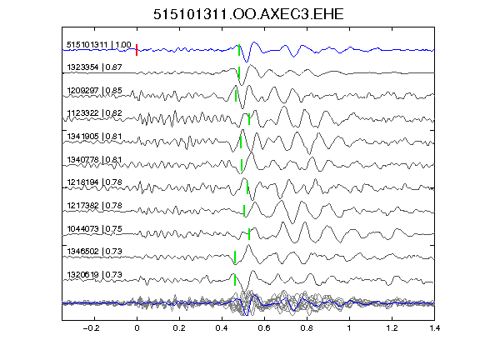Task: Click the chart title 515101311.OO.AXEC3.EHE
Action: (248, 14)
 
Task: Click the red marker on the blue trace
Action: (137, 50)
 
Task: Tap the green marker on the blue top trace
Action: (239, 50)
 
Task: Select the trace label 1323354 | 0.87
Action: (95, 67)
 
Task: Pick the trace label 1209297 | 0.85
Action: (95, 91)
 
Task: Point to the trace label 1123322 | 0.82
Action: (95, 113)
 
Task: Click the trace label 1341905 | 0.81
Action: (95, 136)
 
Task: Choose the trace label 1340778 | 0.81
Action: (95, 159)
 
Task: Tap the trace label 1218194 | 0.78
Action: (95, 182)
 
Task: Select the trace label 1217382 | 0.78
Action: (95, 205)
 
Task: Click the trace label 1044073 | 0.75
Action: (95, 228)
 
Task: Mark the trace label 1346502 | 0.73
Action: (95, 252)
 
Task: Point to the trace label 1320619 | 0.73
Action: (95, 275)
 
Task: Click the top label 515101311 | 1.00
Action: (99, 45)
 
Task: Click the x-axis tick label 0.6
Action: (264, 328)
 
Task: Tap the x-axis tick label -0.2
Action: (91, 328)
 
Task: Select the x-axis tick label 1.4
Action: (434, 328)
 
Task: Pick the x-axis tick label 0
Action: (137, 328)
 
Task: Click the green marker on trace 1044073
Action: (249, 234)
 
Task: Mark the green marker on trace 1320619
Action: (235, 280)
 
